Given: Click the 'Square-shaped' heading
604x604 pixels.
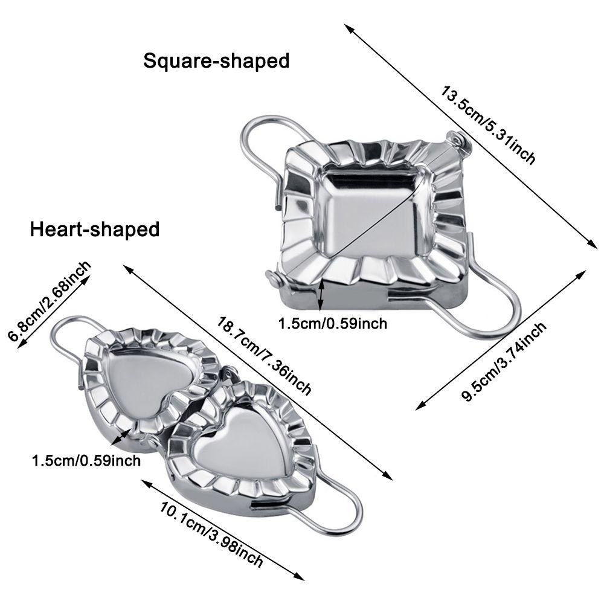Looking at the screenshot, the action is pos(216,61).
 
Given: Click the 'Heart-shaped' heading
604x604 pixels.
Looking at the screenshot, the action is pos(95,230).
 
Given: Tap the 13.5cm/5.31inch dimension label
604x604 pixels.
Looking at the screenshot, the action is pos(488,126).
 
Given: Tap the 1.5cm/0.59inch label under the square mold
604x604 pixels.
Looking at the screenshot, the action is pos(332,324).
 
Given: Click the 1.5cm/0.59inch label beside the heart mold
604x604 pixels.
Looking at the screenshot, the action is pos(86,461).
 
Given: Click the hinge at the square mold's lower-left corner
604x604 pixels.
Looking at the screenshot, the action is pos(274,279).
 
